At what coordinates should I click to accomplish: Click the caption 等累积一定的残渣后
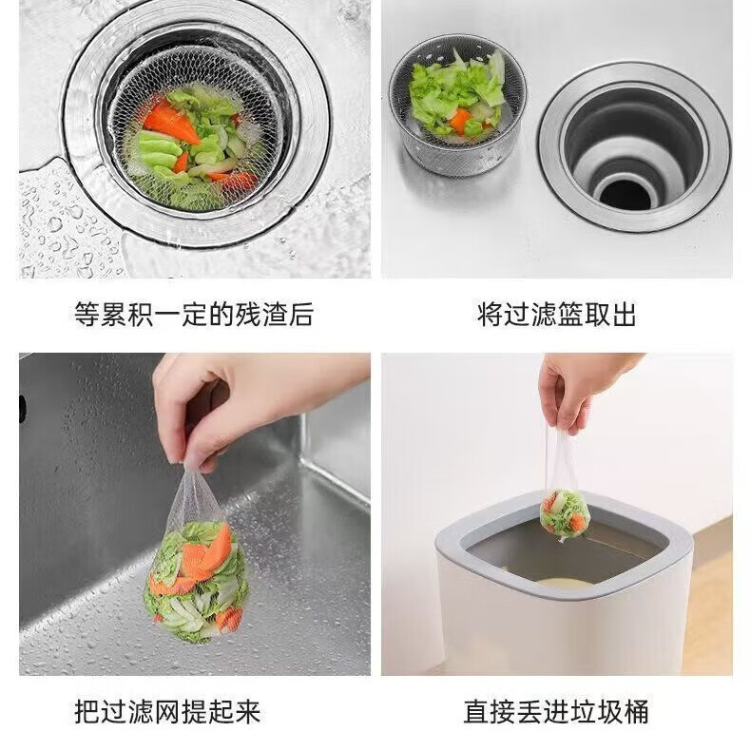tap(193, 315)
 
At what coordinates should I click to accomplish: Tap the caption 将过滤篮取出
tap(556, 315)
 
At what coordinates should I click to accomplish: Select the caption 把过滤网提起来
tap(167, 710)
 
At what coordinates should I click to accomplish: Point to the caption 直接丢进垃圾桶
tap(556, 710)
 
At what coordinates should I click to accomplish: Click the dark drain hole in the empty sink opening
tap(626, 190)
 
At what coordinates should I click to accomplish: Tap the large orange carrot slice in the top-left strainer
tap(171, 124)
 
